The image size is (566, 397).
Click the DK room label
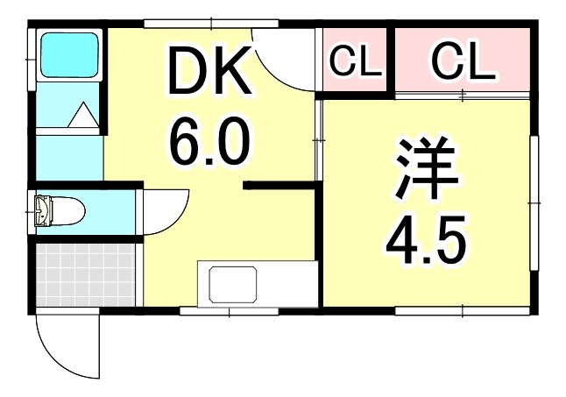tap(209, 74)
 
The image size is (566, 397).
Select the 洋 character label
tap(427, 173)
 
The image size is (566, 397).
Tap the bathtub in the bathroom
tap(70, 56)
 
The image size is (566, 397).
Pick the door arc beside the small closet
tap(285, 57)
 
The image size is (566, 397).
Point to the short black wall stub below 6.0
tap(279, 185)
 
